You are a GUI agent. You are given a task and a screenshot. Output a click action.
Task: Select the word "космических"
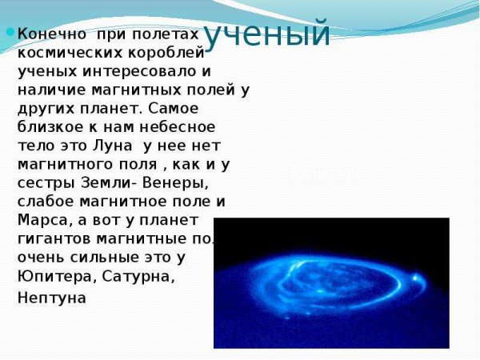[x=64, y=54]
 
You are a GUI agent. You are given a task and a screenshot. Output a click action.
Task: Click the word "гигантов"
[x=51, y=238]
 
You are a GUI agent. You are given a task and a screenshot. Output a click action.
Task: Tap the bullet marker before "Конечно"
[x=10, y=34]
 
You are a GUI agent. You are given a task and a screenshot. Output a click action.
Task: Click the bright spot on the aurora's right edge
[x=414, y=279]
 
